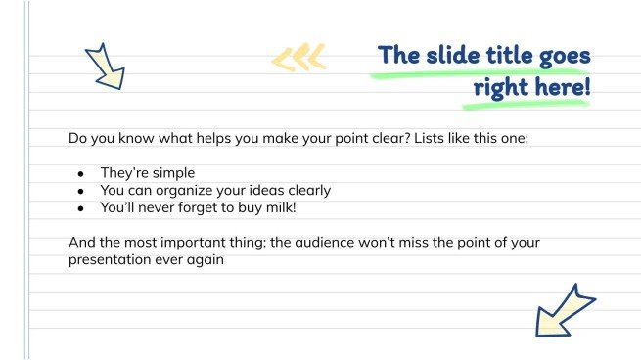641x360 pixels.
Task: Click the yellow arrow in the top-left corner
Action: (105, 66)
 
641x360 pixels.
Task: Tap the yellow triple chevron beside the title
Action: (298, 60)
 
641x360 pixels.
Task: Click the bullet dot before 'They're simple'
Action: (81, 173)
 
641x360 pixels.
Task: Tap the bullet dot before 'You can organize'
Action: (81, 191)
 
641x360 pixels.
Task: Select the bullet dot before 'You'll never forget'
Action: (81, 208)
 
